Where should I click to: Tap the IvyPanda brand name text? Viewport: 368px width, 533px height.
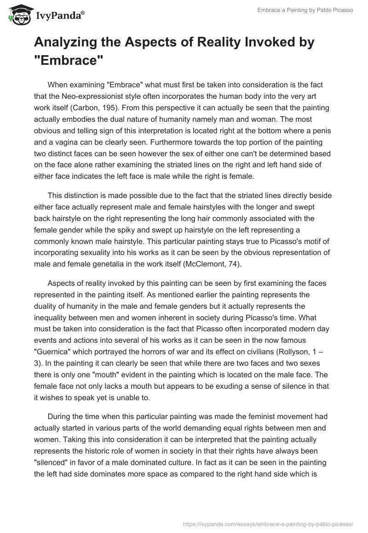[x=58, y=16]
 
